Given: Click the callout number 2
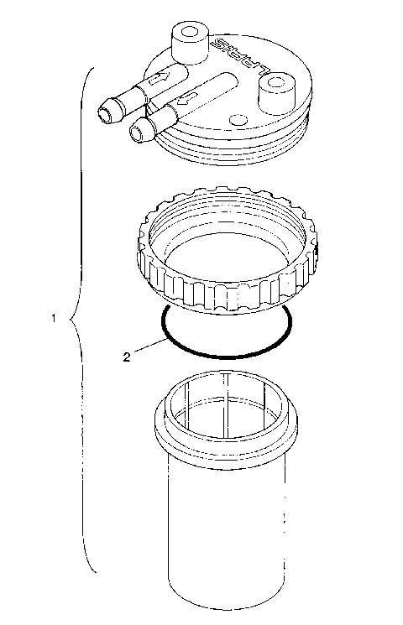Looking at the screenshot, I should pyautogui.click(x=126, y=357).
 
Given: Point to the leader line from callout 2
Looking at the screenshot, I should pyautogui.click(x=147, y=346).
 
